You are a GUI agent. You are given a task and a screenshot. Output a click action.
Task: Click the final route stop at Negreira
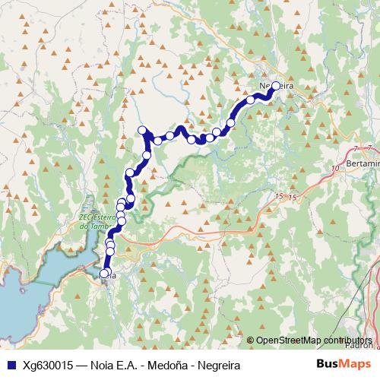point(276,87)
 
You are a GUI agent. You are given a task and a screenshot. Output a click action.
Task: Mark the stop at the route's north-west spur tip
point(141,130)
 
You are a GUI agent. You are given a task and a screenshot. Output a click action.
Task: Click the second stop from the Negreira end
point(250,100)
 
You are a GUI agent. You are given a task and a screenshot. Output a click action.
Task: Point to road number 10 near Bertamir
point(336,167)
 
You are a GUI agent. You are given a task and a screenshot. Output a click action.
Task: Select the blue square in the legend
point(11,365)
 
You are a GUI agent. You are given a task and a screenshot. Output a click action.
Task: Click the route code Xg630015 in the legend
point(49,365)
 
